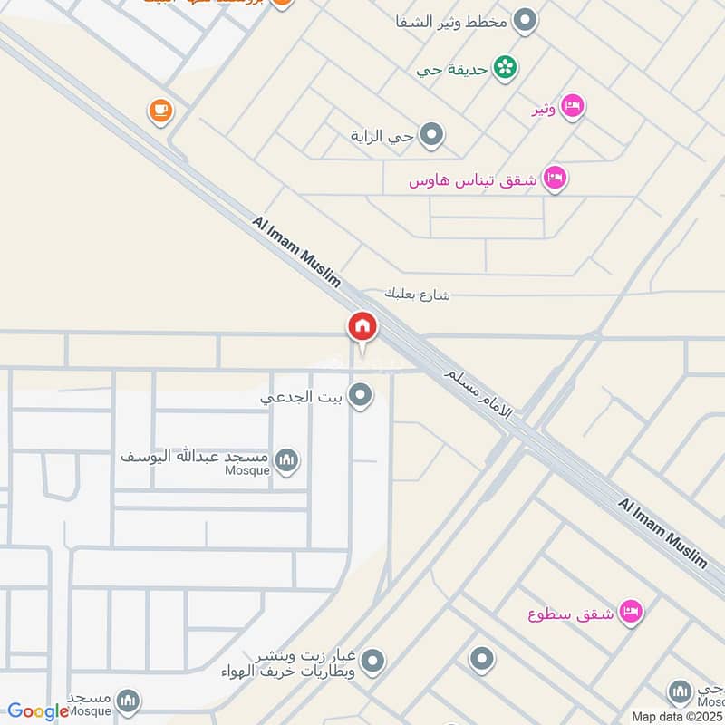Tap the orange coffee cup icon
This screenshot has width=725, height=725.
click(x=160, y=111)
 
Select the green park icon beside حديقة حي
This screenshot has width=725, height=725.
click(x=506, y=68)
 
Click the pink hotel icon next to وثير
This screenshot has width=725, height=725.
click(x=572, y=107)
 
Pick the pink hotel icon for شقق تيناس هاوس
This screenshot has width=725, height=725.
click(x=556, y=178)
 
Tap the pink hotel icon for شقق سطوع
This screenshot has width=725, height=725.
click(x=632, y=612)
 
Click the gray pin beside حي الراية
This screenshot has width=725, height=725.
click(x=432, y=136)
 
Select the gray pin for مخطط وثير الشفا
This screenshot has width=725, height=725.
click(x=524, y=19)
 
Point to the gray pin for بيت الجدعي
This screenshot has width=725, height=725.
click(x=361, y=395)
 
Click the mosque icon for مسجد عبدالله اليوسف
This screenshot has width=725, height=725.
click(x=287, y=460)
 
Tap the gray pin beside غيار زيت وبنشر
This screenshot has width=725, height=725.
click(x=372, y=662)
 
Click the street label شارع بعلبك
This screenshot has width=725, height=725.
click(x=417, y=294)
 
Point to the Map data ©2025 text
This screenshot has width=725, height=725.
click(x=677, y=716)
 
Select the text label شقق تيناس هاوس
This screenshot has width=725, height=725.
click(x=472, y=179)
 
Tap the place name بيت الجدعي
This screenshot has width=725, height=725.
click(x=300, y=396)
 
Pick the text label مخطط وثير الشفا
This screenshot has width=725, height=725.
click(x=450, y=20)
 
